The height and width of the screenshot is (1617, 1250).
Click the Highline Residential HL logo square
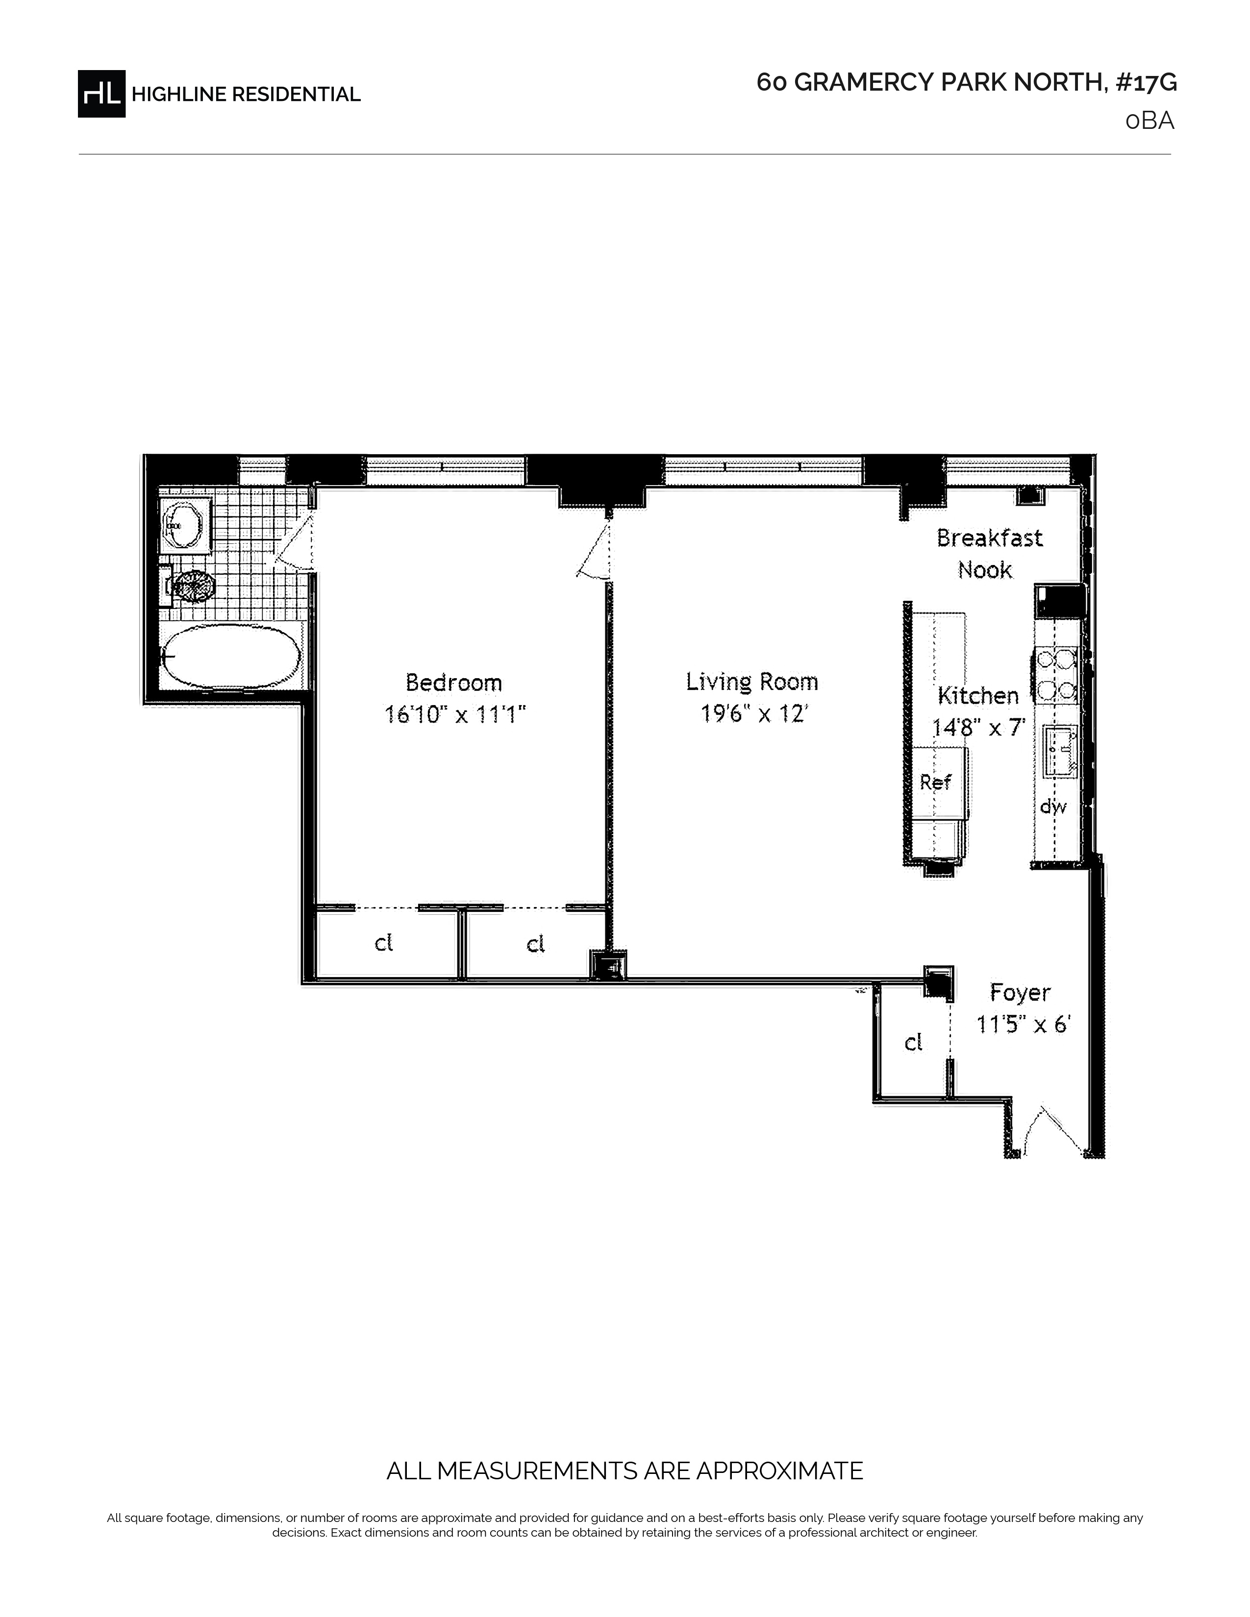click(x=101, y=93)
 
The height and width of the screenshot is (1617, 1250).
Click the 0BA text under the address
click(x=1150, y=121)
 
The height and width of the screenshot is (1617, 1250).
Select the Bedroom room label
click(x=454, y=682)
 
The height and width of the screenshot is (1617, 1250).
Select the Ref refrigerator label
click(x=935, y=782)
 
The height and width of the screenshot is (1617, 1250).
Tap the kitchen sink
click(x=1060, y=752)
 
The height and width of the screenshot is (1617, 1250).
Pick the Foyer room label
click(x=1020, y=993)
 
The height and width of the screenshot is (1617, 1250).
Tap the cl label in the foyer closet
click(x=913, y=1042)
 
